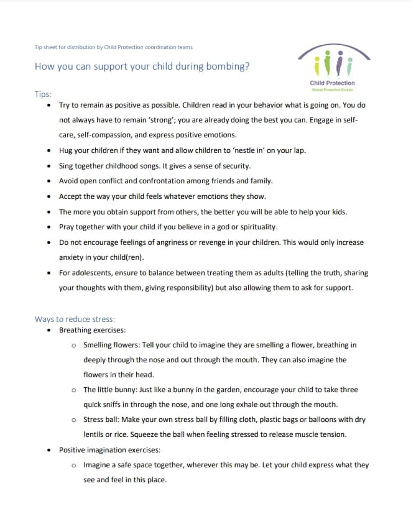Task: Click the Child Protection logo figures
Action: (332, 62)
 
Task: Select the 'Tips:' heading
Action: (43, 94)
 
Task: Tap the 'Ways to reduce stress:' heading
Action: (75, 319)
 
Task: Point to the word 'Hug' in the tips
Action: (65, 150)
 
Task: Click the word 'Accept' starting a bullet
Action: (70, 196)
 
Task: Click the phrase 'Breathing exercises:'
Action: (92, 330)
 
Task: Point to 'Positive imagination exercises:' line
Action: (109, 450)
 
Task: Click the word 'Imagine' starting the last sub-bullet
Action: (97, 465)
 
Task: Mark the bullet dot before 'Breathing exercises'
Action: (49, 330)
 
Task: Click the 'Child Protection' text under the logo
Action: (332, 83)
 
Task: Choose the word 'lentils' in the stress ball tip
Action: (95, 434)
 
